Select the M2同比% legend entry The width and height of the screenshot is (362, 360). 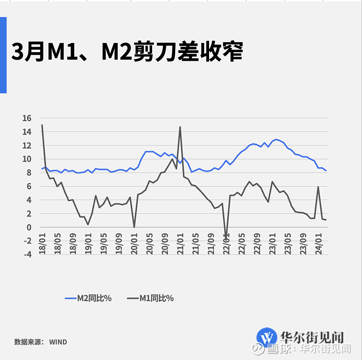tap(88, 298)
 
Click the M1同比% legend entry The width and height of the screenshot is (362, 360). tap(151, 298)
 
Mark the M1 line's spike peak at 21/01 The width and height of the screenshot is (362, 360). tap(180, 127)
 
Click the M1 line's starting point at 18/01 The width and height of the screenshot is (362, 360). tap(42, 125)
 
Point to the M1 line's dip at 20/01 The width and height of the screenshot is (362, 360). tap(134, 227)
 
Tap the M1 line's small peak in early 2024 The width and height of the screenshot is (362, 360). tap(319, 187)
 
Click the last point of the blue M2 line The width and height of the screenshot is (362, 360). tap(326, 170)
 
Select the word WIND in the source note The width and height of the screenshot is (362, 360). tap(58, 342)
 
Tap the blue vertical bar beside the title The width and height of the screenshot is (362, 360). tap(3, 55)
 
